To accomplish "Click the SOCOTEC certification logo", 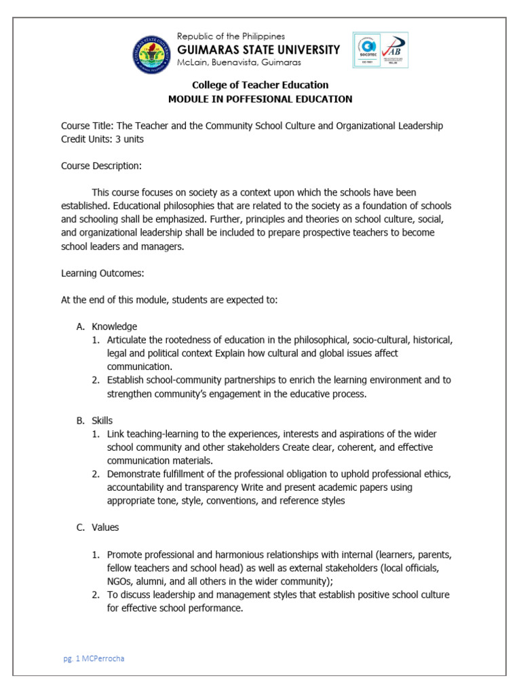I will [367, 50].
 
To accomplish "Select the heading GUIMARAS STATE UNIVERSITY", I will [258, 50].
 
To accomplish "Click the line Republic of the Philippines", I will [231, 36].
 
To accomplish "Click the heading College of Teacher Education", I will [260, 85].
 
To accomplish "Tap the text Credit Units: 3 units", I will [102, 138].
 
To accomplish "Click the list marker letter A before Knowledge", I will [79, 326].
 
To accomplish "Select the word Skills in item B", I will [102, 421].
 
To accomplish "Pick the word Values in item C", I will [105, 527].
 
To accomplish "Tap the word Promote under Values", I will [126, 555].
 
